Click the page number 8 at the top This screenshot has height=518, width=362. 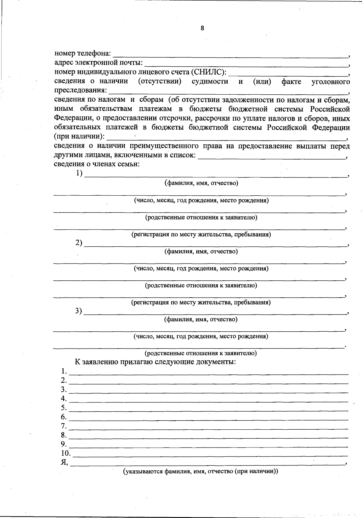pyautogui.click(x=202, y=28)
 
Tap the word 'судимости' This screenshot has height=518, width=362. pyautogui.click(x=210, y=81)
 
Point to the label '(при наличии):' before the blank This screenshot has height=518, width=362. pyautogui.click(x=79, y=136)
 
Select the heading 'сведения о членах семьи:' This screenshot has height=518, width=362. pyautogui.click(x=97, y=164)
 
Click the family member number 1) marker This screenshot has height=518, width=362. pyautogui.click(x=79, y=173)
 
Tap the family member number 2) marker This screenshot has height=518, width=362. pyautogui.click(x=79, y=243)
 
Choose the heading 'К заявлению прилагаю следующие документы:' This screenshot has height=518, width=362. pyautogui.click(x=155, y=362)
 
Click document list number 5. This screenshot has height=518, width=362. pyautogui.click(x=64, y=408)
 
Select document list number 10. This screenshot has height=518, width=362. pyautogui.click(x=66, y=453)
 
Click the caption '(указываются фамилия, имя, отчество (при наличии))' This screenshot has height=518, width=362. pyautogui.click(x=200, y=472)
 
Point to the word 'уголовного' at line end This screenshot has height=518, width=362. pyautogui.click(x=331, y=81)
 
